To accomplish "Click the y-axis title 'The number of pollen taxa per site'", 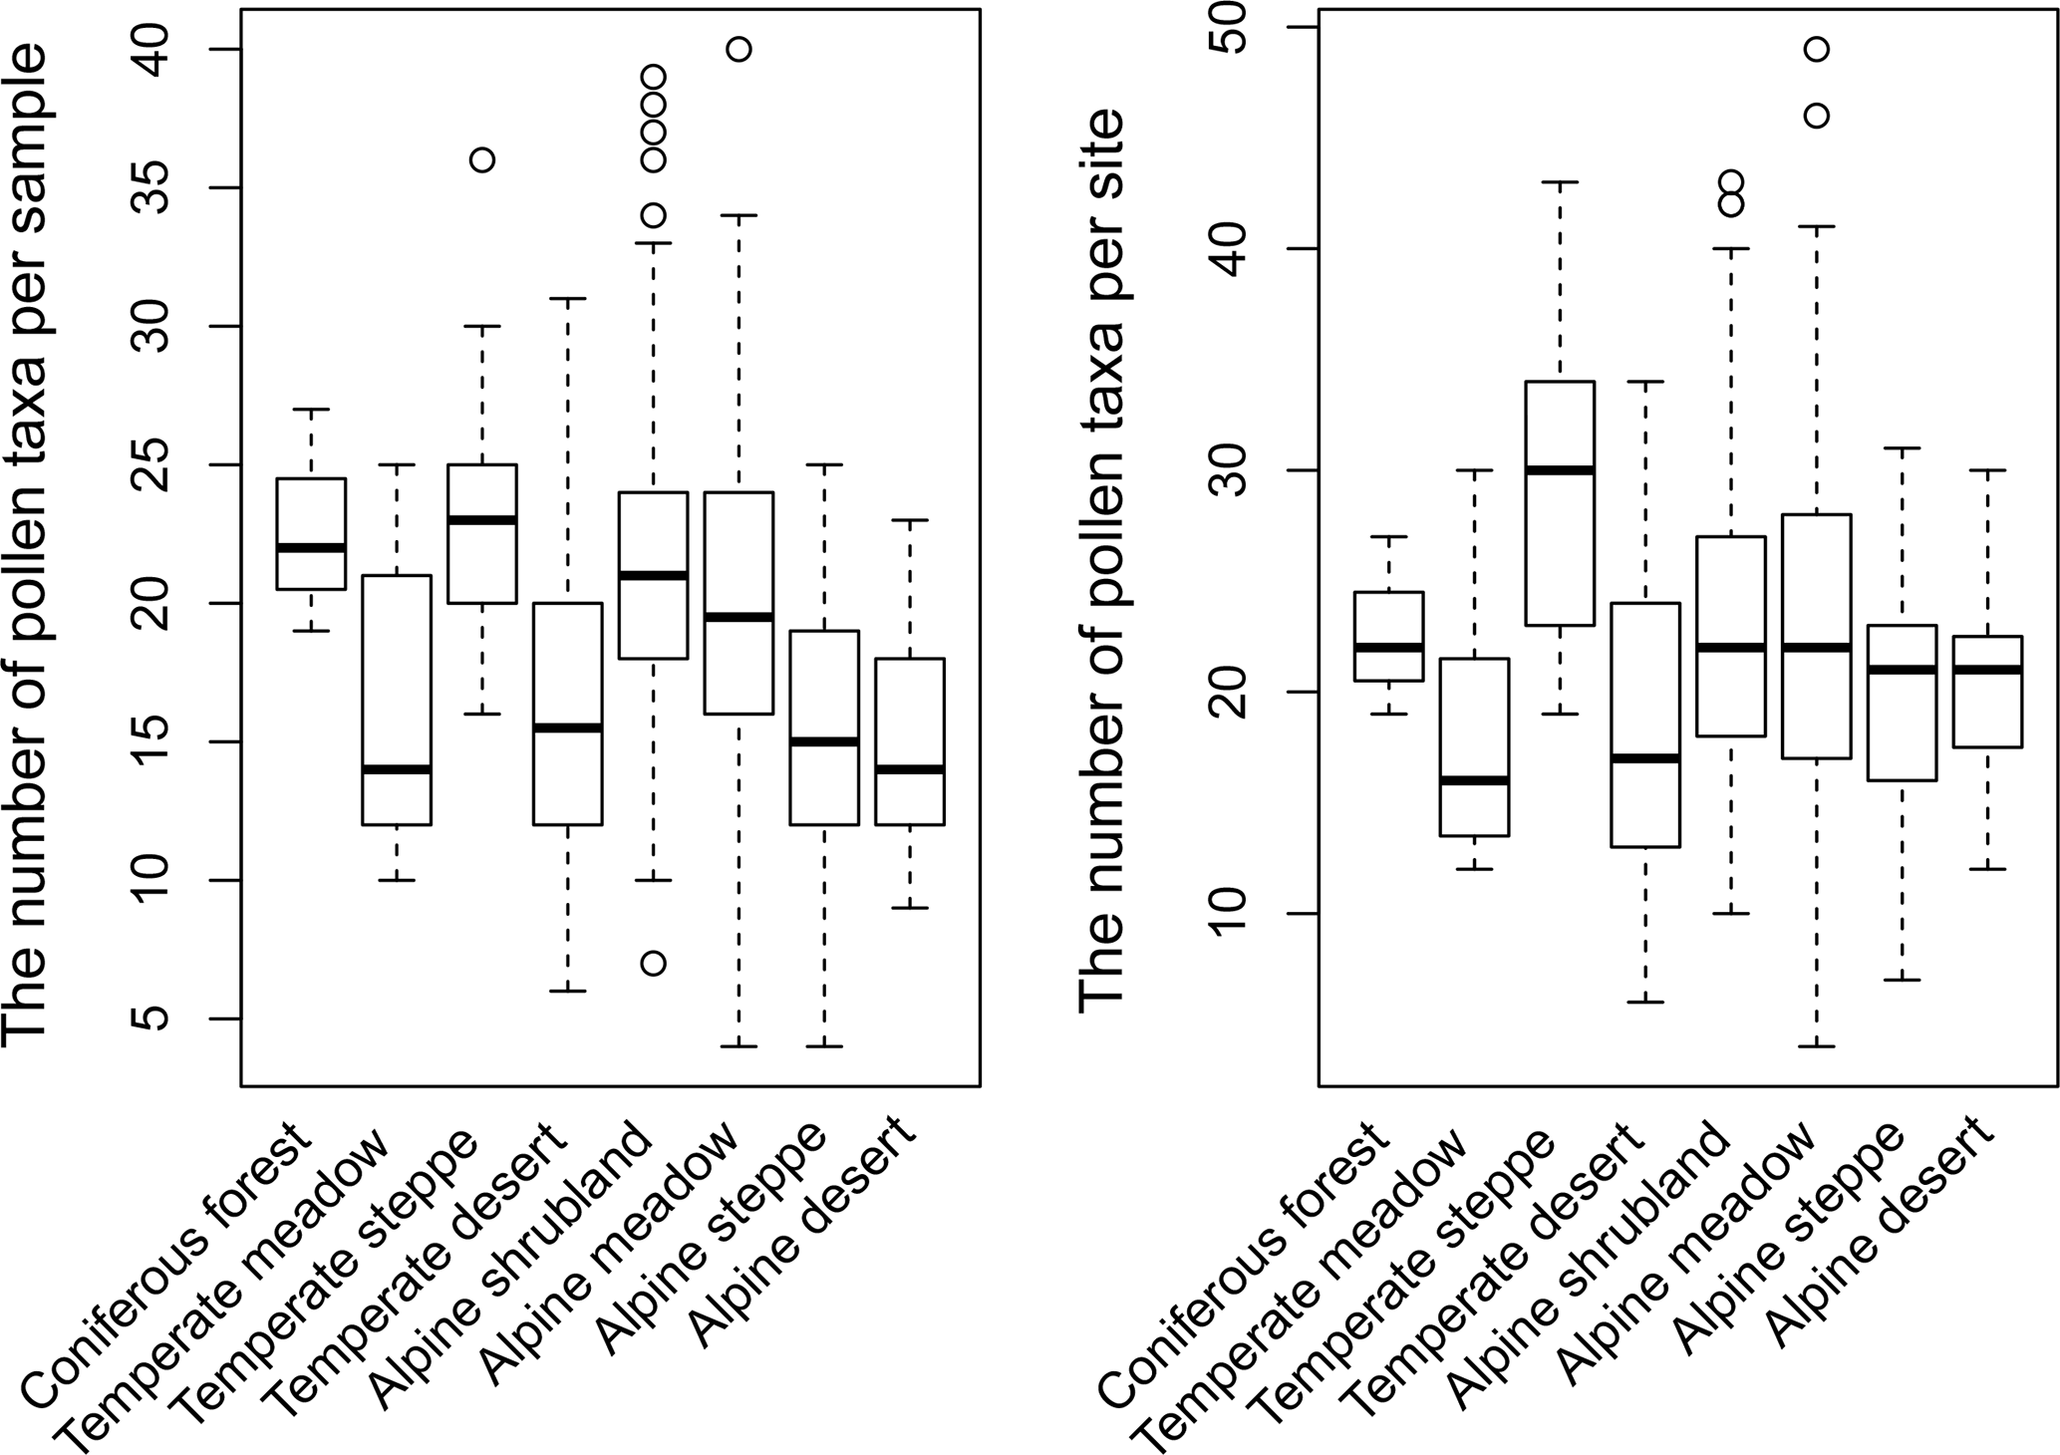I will (1102, 558).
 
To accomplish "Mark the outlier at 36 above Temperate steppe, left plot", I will (482, 160).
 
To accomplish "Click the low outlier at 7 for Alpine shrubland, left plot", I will (653, 964).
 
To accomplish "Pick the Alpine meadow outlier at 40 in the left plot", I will (738, 50).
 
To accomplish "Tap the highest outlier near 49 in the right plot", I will (1817, 50).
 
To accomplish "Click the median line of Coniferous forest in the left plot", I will (312, 548).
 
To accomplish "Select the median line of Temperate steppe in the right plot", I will (1561, 470).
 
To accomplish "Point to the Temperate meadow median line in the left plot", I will (397, 769).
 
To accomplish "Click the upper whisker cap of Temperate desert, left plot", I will (568, 298).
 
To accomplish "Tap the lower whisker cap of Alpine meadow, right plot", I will (1817, 1046).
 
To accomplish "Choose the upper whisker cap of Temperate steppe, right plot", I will (1561, 182).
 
